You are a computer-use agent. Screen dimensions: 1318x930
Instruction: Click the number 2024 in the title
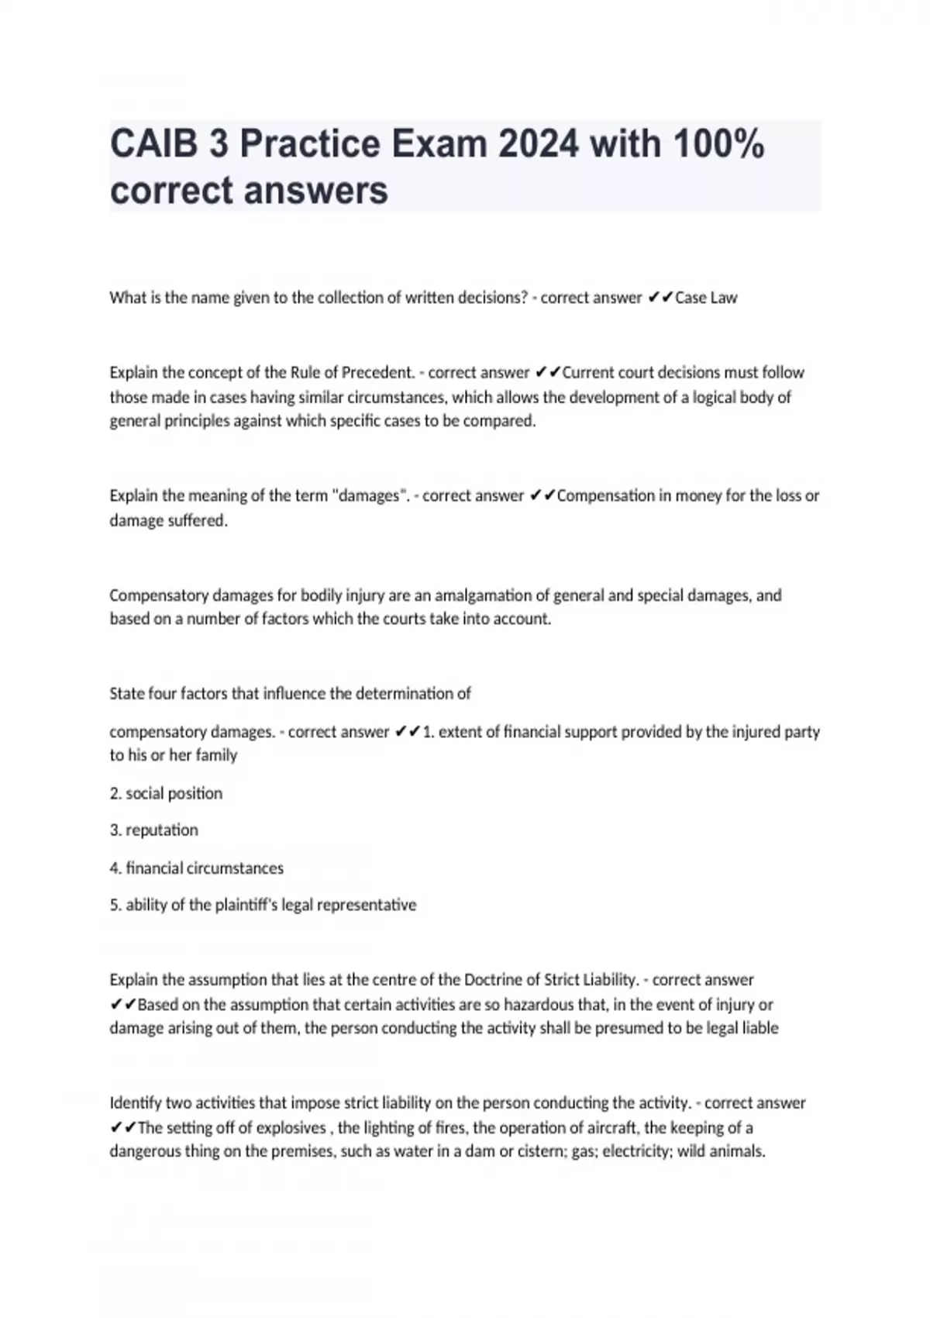pyautogui.click(x=539, y=144)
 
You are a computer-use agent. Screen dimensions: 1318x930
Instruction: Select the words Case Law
pyautogui.click(x=706, y=298)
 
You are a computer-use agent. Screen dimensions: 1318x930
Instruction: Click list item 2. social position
pyautogui.click(x=166, y=793)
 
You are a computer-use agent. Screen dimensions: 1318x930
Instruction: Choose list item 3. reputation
pyautogui.click(x=154, y=830)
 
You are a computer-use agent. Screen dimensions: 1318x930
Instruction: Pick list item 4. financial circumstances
pyautogui.click(x=197, y=868)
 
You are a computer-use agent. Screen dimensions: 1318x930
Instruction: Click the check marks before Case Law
pyautogui.click(x=661, y=298)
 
